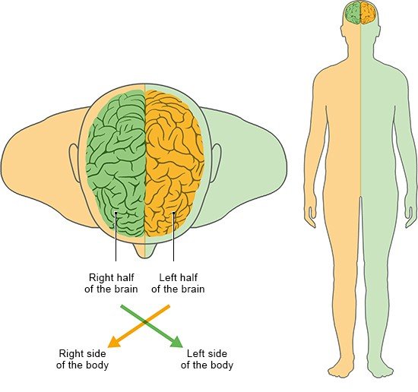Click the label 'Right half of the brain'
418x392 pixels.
coord(111,283)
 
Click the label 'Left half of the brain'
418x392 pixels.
coord(178,283)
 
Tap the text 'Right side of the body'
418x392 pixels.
coord(82,359)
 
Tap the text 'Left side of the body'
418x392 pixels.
coord(207,359)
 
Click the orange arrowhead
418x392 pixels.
coord(113,343)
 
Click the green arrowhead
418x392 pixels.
coord(177,343)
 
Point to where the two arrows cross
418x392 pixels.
coord(144,322)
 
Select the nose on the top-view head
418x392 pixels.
coord(144,251)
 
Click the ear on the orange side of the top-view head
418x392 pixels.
coord(74,163)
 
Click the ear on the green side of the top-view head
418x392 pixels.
coord(216,163)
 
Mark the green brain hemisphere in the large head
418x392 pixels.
coord(116,163)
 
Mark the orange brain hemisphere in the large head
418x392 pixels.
coord(174,163)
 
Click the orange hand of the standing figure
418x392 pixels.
coord(311,216)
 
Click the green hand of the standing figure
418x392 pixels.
coord(410,216)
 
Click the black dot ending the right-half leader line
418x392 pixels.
coord(116,213)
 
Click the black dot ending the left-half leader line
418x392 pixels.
coord(173,213)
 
